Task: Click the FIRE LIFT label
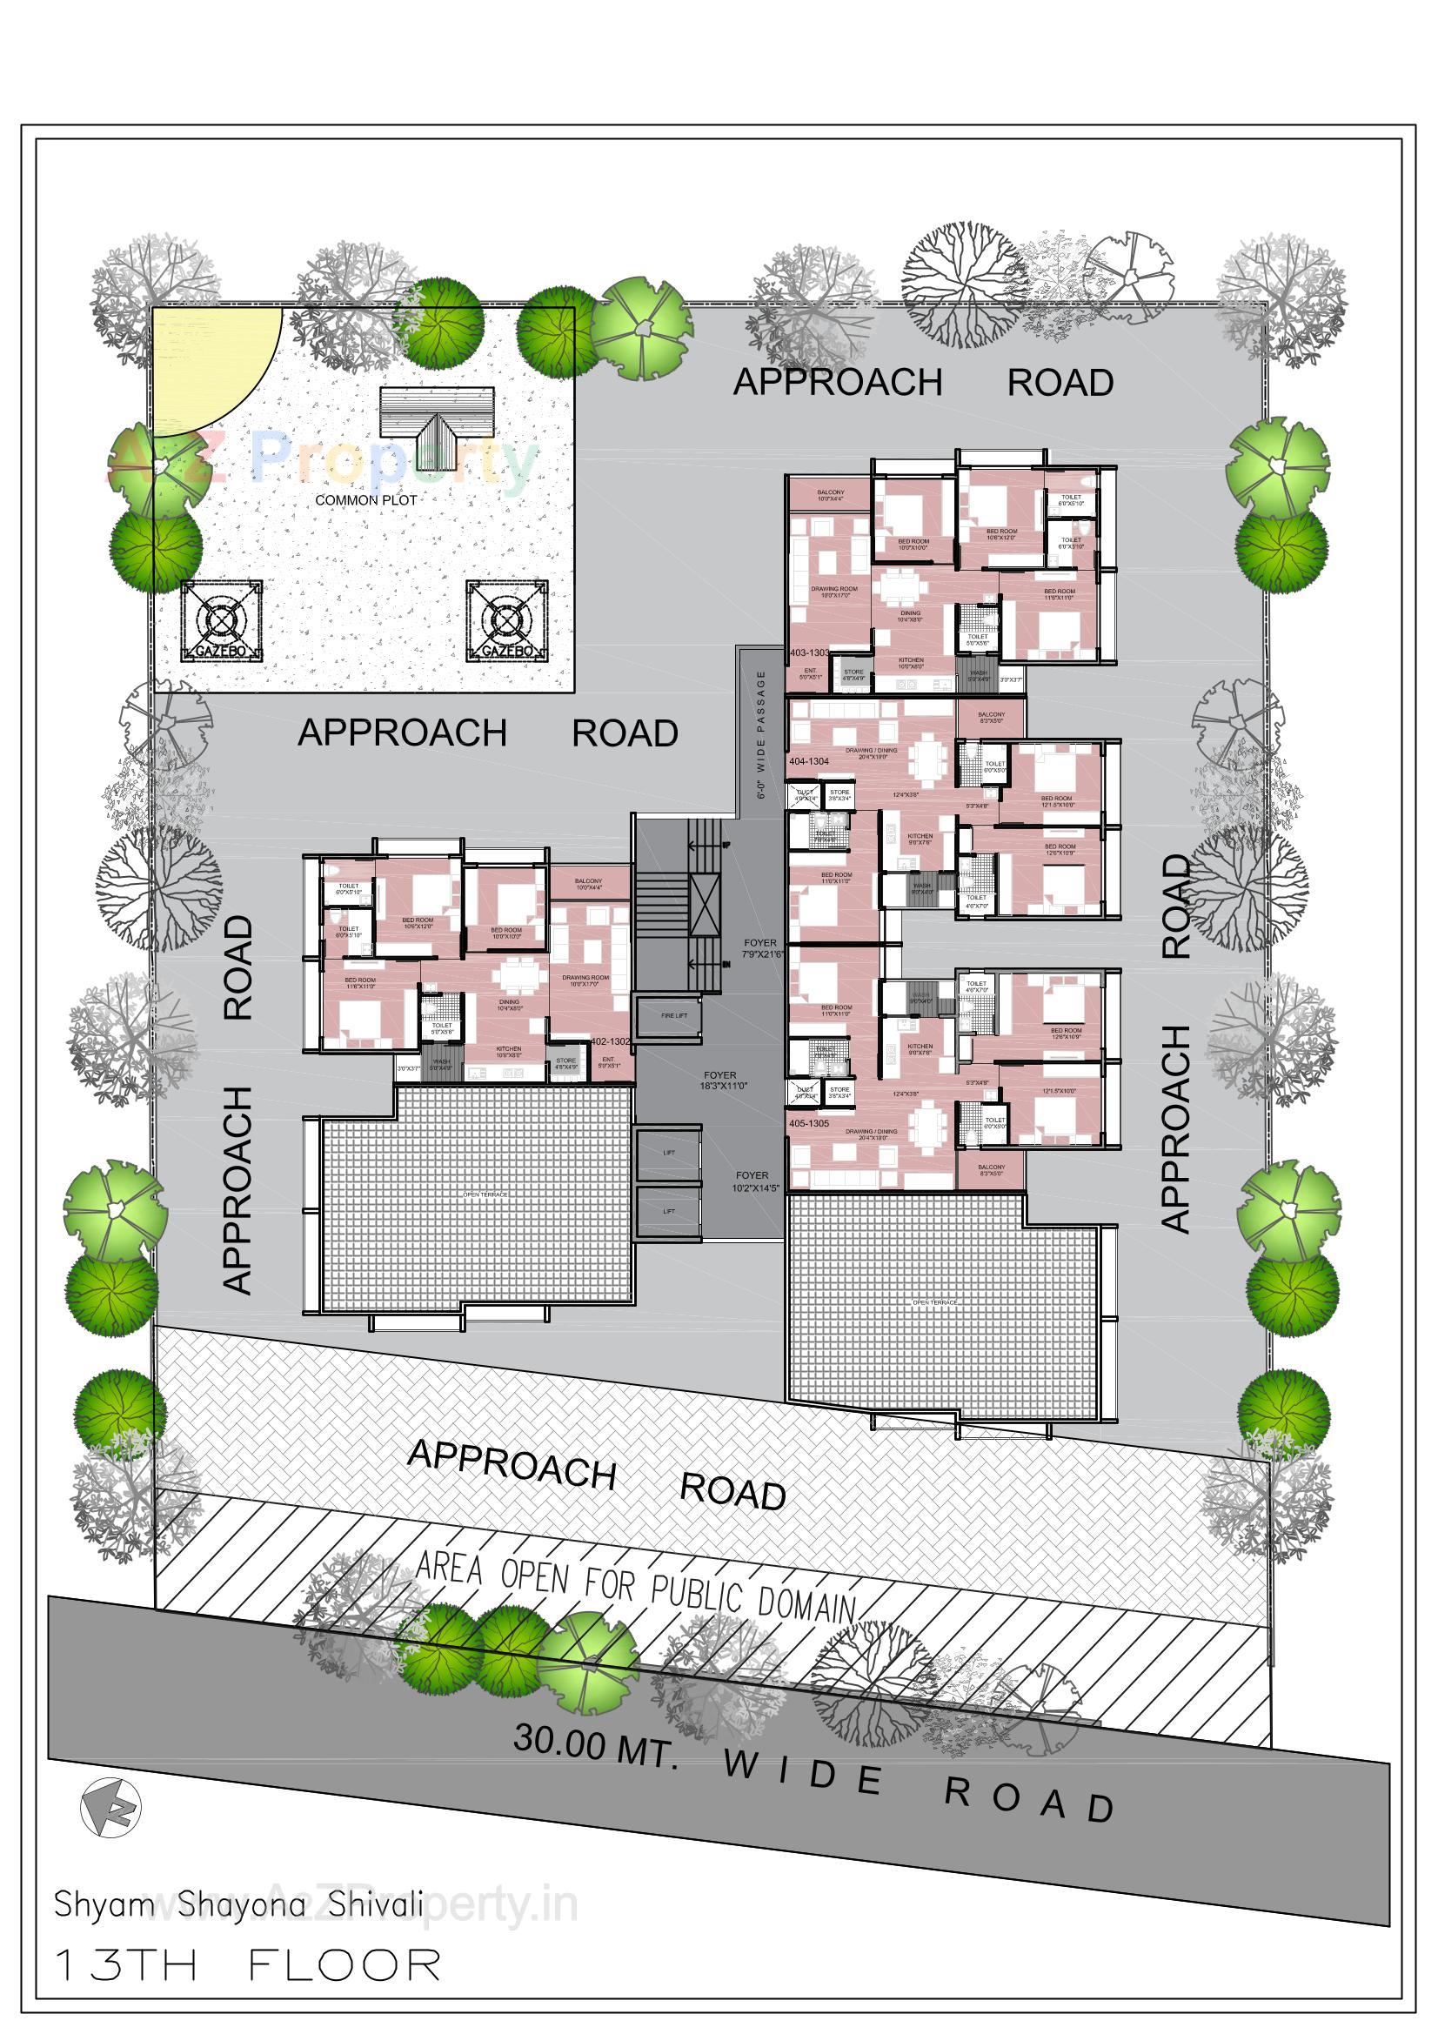[x=668, y=1017]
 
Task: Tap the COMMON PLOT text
[x=366, y=499]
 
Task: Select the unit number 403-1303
[x=809, y=652]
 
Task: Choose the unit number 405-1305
[x=809, y=1123]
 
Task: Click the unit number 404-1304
[x=809, y=761]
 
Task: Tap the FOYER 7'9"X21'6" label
[x=760, y=949]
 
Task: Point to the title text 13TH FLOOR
[x=248, y=1964]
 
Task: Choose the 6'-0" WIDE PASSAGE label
[x=761, y=735]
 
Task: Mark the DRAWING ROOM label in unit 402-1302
[x=585, y=980]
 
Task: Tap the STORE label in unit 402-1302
[x=565, y=1063]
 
